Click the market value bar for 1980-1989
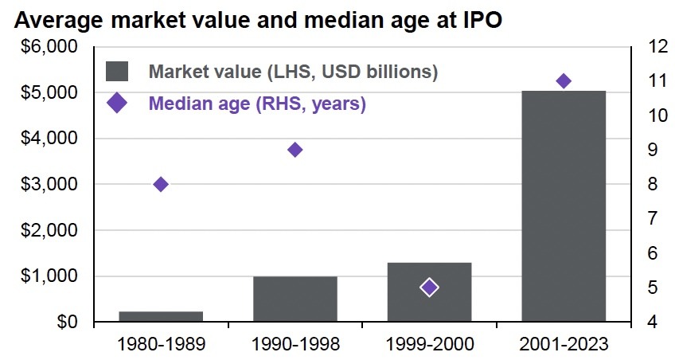pos(161,316)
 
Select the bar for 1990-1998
pos(295,299)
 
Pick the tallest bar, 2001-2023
pos(564,206)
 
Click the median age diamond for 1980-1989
pos(161,184)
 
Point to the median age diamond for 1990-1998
pos(295,150)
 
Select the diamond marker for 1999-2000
pos(429,288)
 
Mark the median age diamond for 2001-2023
pos(564,81)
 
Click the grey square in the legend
pos(117,71)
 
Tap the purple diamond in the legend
pos(117,104)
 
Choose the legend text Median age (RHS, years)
pos(257,104)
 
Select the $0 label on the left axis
pos(64,323)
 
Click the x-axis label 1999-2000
pos(429,345)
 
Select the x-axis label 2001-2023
pos(564,345)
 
